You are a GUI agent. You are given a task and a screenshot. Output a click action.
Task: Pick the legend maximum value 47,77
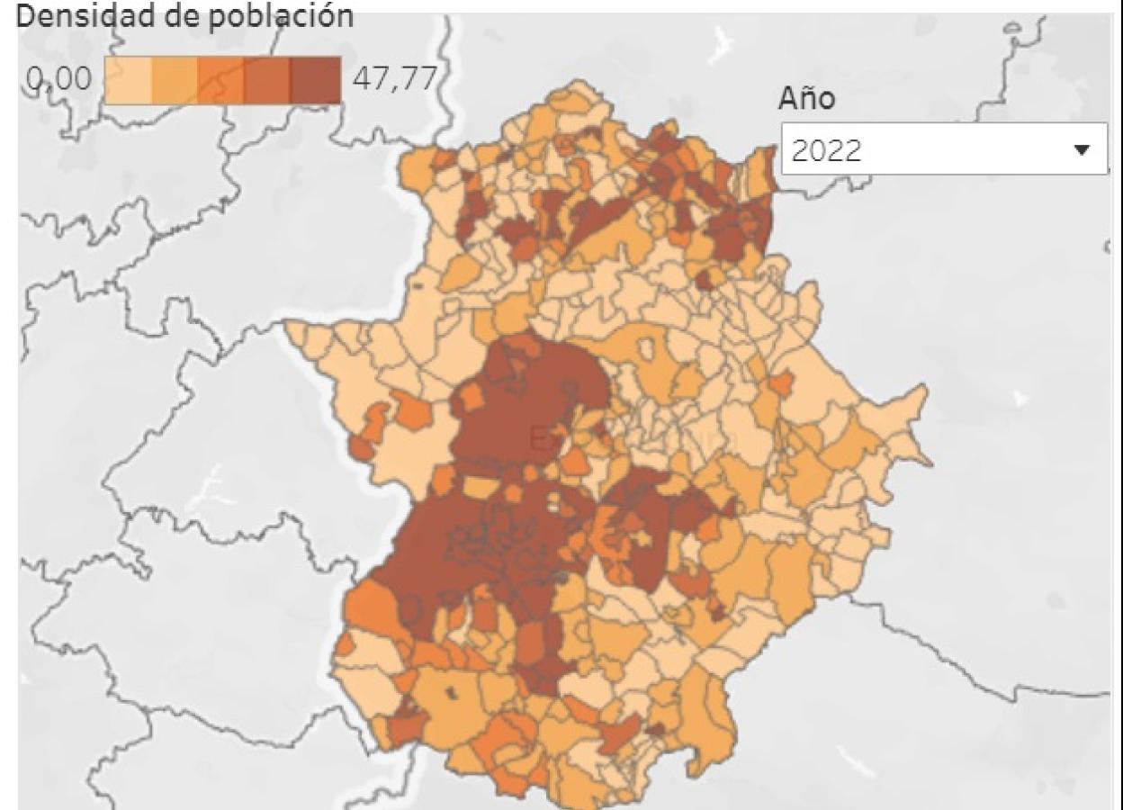coord(393,80)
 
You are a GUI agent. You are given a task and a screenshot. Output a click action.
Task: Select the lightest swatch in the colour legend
coord(128,80)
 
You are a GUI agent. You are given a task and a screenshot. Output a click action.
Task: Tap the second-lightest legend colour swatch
coord(175,80)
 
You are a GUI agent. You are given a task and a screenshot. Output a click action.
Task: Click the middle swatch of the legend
coord(221,80)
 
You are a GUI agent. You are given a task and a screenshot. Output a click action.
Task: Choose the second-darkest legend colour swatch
coord(268,80)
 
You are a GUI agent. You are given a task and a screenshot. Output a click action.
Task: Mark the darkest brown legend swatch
coord(316,80)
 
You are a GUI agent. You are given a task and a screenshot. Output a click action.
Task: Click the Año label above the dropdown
coord(806,100)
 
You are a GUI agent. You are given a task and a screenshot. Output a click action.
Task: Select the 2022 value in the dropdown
coord(822,150)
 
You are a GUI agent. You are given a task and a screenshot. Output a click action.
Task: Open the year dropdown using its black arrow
coord(1083,149)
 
